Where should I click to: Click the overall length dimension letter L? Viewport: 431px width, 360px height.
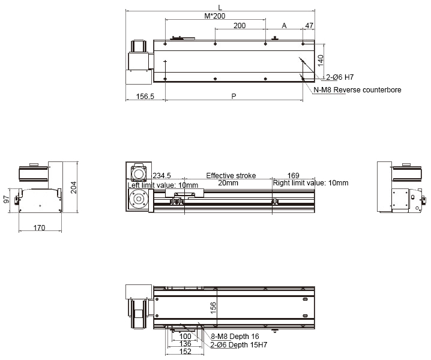(x=220, y=7)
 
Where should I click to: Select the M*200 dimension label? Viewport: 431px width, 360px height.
(x=215, y=16)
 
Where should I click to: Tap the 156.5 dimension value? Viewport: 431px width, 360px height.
(x=145, y=97)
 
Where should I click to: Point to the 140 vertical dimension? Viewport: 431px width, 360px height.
(x=321, y=61)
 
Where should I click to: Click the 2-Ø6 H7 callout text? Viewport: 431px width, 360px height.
(x=340, y=77)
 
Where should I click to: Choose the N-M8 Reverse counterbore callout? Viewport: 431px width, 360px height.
(x=357, y=90)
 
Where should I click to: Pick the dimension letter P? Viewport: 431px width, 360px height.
(x=234, y=96)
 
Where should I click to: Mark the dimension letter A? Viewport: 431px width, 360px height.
(x=284, y=26)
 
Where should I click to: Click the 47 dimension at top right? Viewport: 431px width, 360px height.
(x=309, y=26)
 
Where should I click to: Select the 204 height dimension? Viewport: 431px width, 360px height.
(x=74, y=187)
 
